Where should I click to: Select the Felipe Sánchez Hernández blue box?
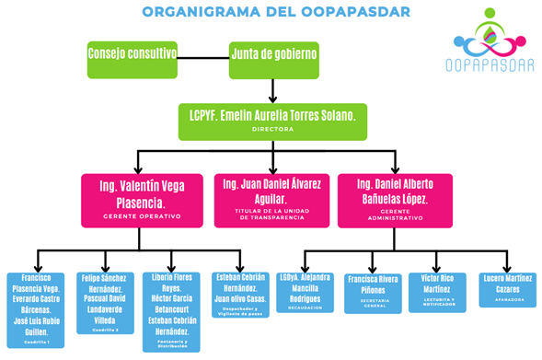[x=105, y=305]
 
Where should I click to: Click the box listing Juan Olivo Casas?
[x=241, y=294]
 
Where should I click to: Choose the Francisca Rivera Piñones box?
[x=374, y=294]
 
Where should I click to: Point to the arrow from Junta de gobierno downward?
[x=274, y=89]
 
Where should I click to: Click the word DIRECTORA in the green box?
[x=273, y=129]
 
